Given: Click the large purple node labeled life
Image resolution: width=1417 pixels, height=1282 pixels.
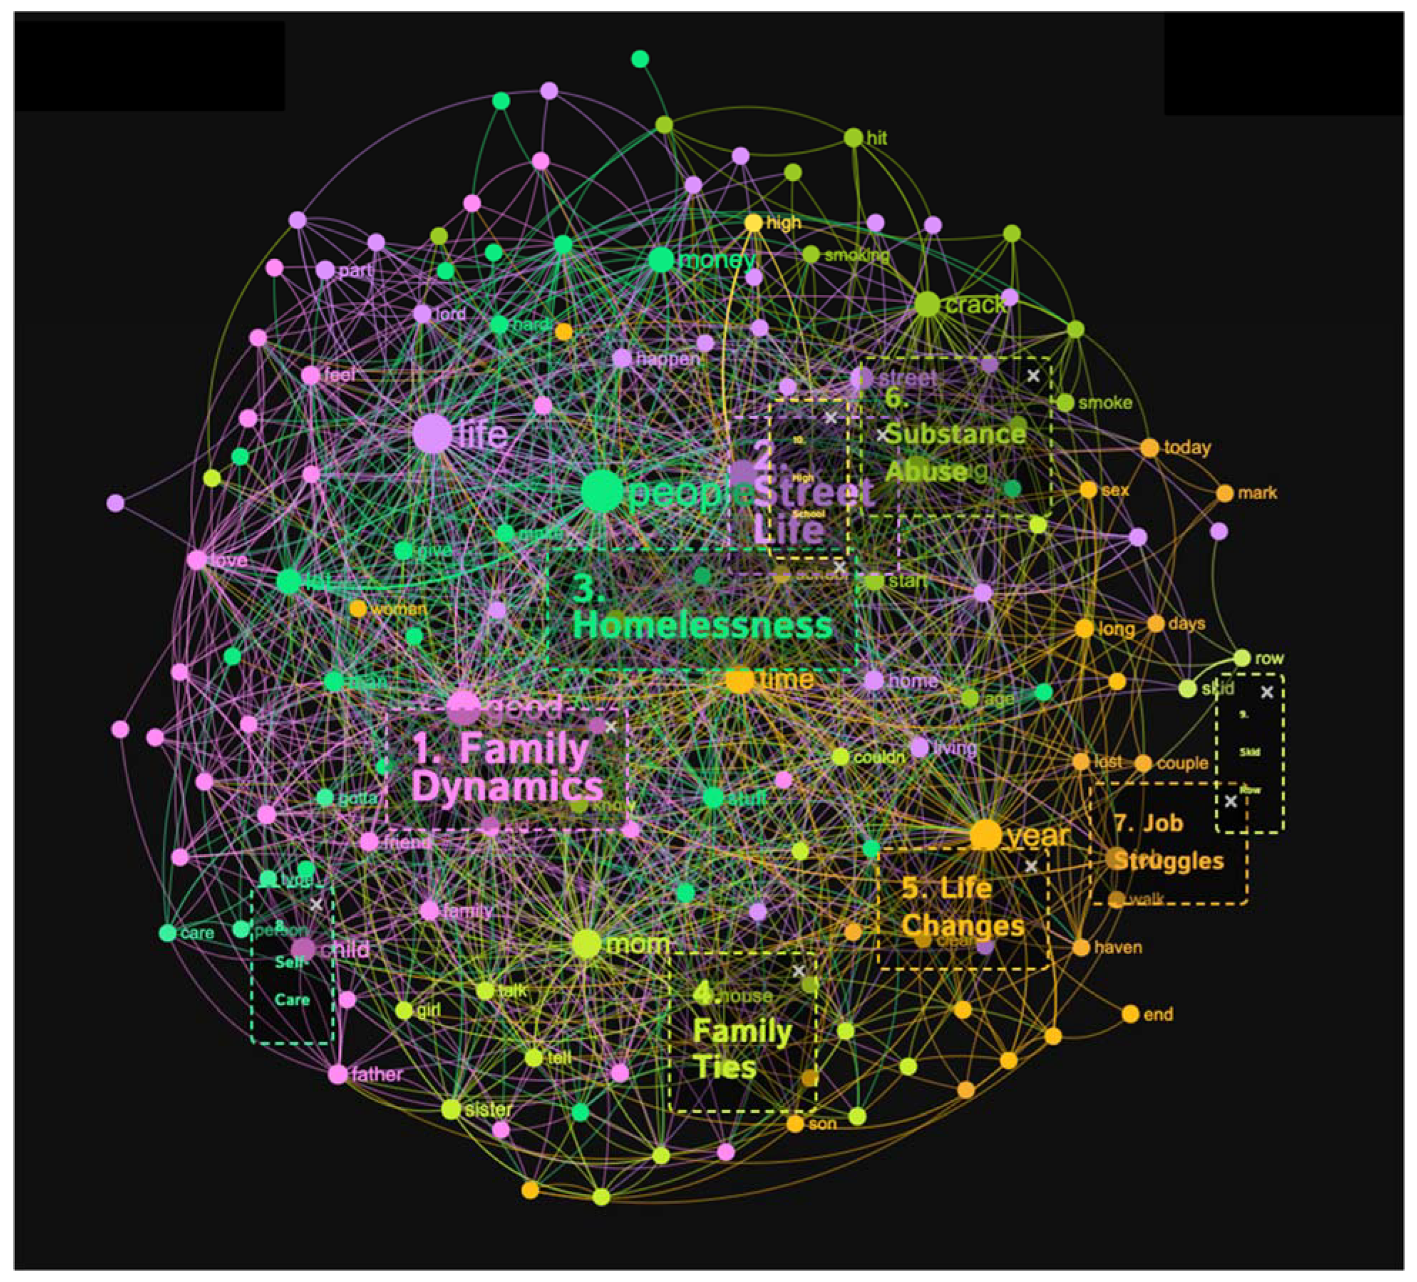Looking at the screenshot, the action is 432,433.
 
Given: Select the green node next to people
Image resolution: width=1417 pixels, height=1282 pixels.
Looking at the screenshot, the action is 602,491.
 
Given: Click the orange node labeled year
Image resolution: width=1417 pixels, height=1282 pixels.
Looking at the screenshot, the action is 985,835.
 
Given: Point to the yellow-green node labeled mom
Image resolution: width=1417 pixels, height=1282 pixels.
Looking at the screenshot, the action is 586,944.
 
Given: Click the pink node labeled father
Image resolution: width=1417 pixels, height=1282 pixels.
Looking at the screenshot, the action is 338,1074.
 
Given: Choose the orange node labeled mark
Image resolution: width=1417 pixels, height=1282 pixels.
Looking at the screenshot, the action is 1225,493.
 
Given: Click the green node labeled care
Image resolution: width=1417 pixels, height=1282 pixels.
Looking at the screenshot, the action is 167,933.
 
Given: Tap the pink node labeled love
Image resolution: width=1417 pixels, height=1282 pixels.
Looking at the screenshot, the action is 197,560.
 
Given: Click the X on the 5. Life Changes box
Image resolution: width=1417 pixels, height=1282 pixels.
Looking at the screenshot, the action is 1030,866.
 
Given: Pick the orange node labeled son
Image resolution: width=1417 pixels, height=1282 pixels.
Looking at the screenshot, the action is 795,1123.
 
